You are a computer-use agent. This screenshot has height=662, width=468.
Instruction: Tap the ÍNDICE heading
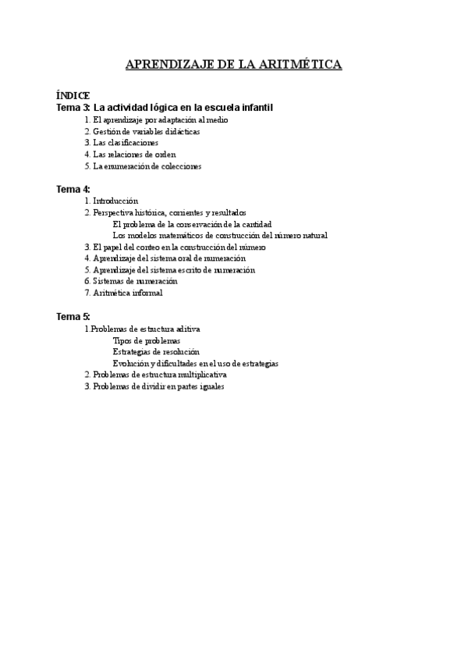[73, 94]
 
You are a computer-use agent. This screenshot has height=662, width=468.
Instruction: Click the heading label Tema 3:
[73, 107]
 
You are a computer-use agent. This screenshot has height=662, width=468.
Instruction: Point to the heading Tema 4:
[73, 189]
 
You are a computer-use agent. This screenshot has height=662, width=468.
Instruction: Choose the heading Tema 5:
[73, 316]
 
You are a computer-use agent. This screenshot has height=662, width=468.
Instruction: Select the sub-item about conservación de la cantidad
[192, 224]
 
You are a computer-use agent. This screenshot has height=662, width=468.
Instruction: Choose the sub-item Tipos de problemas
[147, 340]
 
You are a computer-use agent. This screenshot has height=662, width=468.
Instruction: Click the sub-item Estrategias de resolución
[156, 352]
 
